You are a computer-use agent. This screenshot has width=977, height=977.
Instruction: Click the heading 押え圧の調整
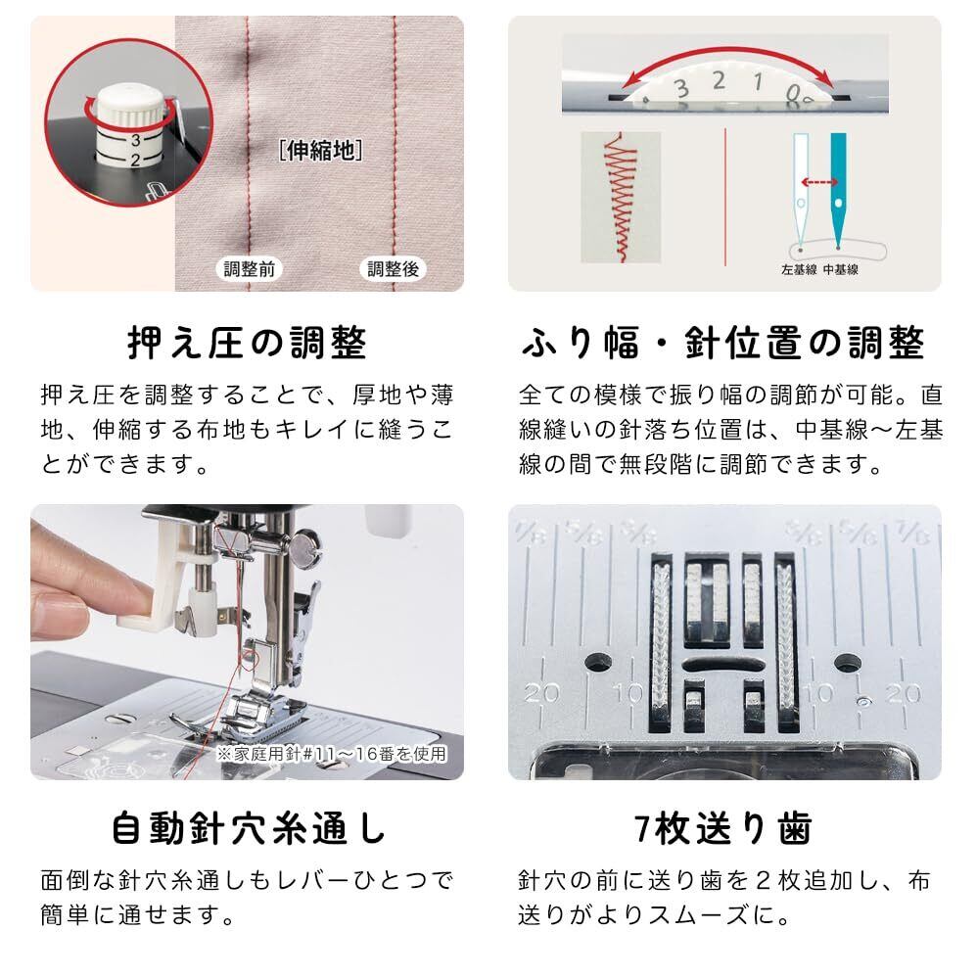[x=247, y=343]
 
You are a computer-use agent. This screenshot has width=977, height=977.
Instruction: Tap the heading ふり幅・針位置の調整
[x=723, y=343]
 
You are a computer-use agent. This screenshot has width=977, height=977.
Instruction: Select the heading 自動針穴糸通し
[x=248, y=828]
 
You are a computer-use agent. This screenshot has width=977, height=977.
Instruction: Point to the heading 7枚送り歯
[x=723, y=828]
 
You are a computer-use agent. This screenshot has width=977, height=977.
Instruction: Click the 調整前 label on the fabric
[x=250, y=268]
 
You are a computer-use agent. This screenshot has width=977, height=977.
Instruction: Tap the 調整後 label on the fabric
[x=393, y=268]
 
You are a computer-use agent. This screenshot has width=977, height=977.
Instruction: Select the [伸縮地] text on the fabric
[x=321, y=150]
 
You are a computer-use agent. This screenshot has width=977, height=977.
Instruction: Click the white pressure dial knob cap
[x=129, y=109]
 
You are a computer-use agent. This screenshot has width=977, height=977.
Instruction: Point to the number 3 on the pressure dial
[x=135, y=140]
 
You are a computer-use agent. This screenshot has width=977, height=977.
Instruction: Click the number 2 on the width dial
[x=719, y=81]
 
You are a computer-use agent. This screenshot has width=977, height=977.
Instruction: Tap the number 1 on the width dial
[x=758, y=81]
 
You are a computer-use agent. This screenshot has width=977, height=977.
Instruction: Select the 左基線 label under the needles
[x=799, y=270]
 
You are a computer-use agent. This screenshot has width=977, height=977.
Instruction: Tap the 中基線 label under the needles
[x=841, y=270]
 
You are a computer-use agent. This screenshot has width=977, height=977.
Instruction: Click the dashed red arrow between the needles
[x=818, y=182]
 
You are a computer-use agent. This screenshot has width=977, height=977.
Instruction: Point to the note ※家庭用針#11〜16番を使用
[x=332, y=754]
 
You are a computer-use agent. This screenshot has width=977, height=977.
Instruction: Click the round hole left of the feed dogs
[x=597, y=662]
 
